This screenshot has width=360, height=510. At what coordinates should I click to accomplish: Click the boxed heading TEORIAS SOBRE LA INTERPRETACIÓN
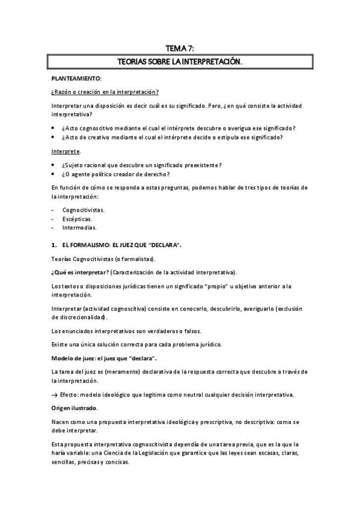(180, 61)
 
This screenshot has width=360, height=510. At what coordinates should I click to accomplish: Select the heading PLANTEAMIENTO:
(76, 79)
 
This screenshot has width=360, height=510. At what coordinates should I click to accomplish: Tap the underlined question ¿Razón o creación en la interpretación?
(105, 92)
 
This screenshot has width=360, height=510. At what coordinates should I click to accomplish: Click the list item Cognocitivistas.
(84, 210)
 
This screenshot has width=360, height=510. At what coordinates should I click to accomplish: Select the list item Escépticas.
(76, 220)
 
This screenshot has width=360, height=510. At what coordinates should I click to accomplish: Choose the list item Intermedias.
(79, 228)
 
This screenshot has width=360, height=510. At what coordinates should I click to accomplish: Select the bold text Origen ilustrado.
(75, 408)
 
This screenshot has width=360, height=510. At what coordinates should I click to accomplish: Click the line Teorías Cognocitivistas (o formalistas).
(103, 259)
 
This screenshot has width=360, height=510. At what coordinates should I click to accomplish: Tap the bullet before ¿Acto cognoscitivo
(55, 128)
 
